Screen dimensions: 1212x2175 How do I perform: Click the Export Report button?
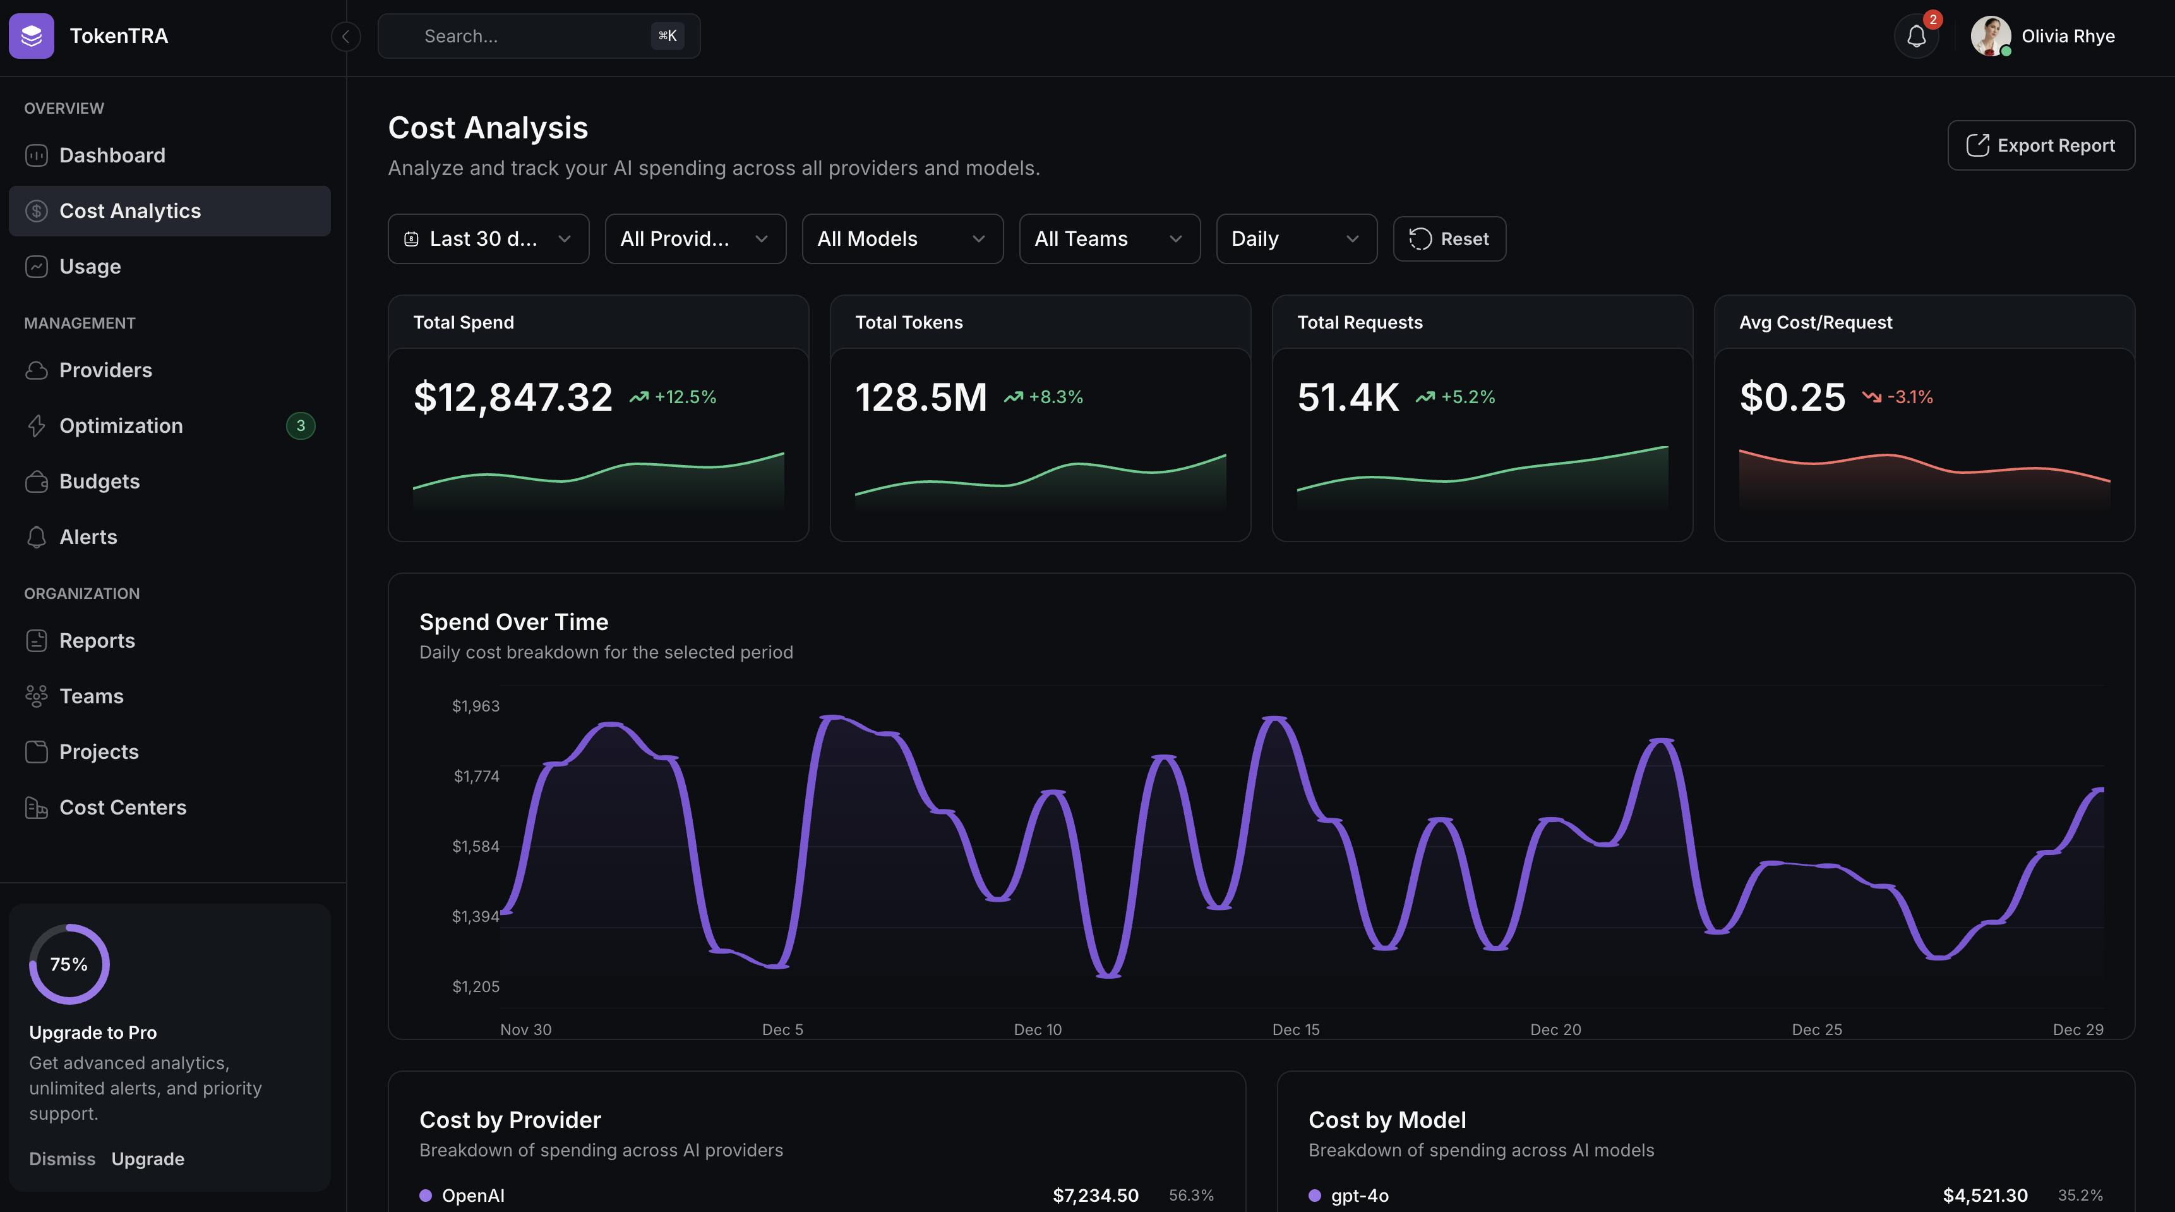2040,145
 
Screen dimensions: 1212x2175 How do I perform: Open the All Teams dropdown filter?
1108,239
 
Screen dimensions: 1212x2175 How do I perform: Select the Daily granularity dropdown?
1295,239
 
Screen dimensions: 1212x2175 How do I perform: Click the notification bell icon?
1916,36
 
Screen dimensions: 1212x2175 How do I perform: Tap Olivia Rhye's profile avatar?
1990,36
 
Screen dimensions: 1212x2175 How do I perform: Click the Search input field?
532,36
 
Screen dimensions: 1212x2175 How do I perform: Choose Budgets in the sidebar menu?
99,482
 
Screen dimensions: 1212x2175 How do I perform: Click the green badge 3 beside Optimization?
301,426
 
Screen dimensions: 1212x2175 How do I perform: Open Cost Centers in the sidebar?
123,808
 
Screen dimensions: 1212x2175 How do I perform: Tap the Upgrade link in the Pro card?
148,1159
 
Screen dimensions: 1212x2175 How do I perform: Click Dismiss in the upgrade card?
62,1159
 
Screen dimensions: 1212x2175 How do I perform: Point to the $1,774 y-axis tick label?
476,776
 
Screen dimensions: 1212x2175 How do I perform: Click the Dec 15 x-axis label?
1295,1029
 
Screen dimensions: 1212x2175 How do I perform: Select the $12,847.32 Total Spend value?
513,397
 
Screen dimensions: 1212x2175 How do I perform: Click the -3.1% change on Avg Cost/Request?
1910,397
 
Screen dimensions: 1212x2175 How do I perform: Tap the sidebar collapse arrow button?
345,36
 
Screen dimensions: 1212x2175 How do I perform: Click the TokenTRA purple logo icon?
31,36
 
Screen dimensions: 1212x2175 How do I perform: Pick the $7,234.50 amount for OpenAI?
1095,1195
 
